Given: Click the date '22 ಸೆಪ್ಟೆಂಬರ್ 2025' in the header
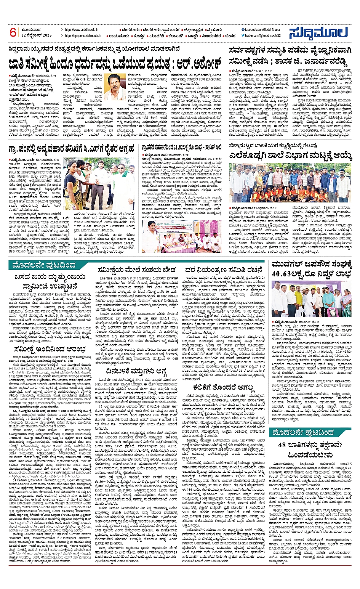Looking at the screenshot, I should pyautogui.click(x=37, y=35).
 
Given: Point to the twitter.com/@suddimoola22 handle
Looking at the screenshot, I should pyautogui.click(x=262, y=35).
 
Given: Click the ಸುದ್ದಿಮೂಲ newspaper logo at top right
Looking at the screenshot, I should pyautogui.click(x=318, y=33).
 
